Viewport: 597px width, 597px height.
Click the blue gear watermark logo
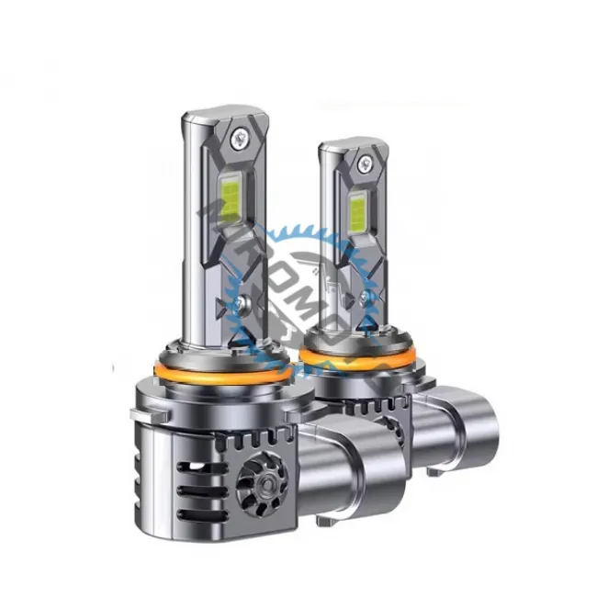(303, 276)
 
